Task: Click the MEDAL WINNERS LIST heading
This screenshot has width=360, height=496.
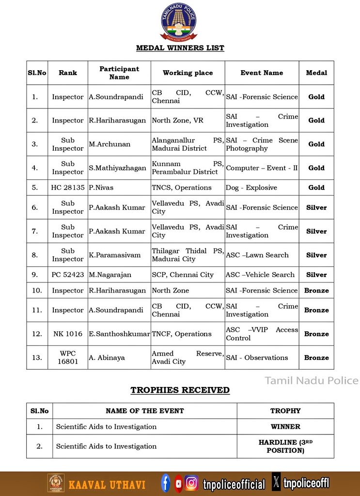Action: coord(180,48)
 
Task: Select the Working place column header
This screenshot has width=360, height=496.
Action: coord(188,73)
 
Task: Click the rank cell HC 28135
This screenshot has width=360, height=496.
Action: coord(68,187)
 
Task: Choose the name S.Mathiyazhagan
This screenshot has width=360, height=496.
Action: coord(117,168)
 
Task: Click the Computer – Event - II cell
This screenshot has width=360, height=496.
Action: coord(262,168)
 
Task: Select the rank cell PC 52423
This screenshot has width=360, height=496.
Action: coord(68,275)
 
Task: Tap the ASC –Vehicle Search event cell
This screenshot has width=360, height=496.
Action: coord(260,275)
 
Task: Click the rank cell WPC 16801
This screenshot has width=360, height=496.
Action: coord(68,357)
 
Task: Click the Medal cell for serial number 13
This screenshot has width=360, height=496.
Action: coord(316,357)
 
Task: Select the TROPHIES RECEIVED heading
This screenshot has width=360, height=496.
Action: coord(180,390)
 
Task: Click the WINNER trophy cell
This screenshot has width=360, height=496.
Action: coord(285,427)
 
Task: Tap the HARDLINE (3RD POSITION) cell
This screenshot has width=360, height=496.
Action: coord(285,446)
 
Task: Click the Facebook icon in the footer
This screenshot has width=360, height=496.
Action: coord(166,483)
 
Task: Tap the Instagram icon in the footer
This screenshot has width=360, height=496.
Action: coord(192,483)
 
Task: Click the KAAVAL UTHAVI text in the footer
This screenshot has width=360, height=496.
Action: coord(107,484)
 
